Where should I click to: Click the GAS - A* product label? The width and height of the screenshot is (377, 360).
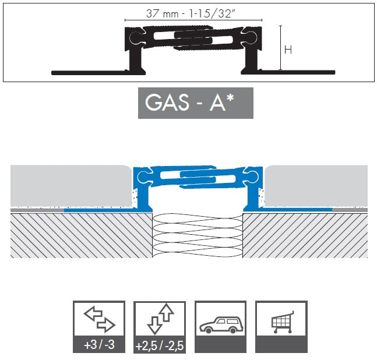[x=195, y=103]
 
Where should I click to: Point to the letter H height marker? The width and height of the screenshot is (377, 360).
[x=287, y=50]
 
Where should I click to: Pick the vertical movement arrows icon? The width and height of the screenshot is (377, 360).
[x=160, y=318]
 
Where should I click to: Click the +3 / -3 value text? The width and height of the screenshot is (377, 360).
[x=99, y=344]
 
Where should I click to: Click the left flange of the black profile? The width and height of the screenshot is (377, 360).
[x=87, y=72]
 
